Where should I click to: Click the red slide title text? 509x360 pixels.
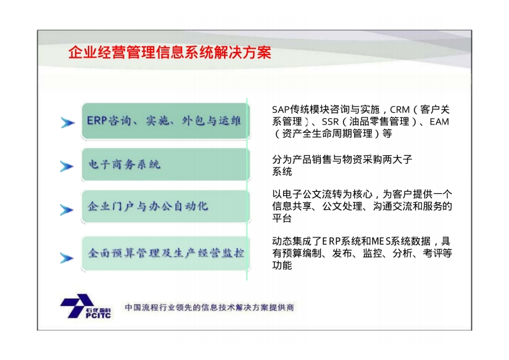tap(169, 53)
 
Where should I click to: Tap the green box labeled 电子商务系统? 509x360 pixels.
tap(166, 164)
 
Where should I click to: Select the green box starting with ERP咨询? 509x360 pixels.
tap(166, 121)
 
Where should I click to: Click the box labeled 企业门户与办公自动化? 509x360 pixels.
tap(166, 207)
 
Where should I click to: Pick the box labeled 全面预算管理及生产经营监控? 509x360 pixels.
tap(166, 253)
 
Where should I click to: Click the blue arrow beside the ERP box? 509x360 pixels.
tap(67, 123)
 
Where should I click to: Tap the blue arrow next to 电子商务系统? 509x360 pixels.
tap(67, 166)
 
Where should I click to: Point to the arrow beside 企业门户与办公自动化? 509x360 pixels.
tap(67, 210)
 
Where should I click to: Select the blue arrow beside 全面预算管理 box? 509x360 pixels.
tap(67, 258)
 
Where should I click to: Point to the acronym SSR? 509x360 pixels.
tap(330, 122)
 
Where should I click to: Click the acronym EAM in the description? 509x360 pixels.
tap(439, 122)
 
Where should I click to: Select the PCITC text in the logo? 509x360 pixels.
tap(98, 315)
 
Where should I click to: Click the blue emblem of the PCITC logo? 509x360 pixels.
tap(76, 305)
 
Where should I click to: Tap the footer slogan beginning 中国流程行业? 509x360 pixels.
tap(209, 307)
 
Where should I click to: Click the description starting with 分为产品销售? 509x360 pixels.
tap(342, 165)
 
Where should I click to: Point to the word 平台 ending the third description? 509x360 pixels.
tap(282, 218)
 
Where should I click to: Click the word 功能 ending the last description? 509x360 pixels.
tap(282, 265)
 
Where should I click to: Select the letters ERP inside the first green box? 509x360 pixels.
tap(97, 121)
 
